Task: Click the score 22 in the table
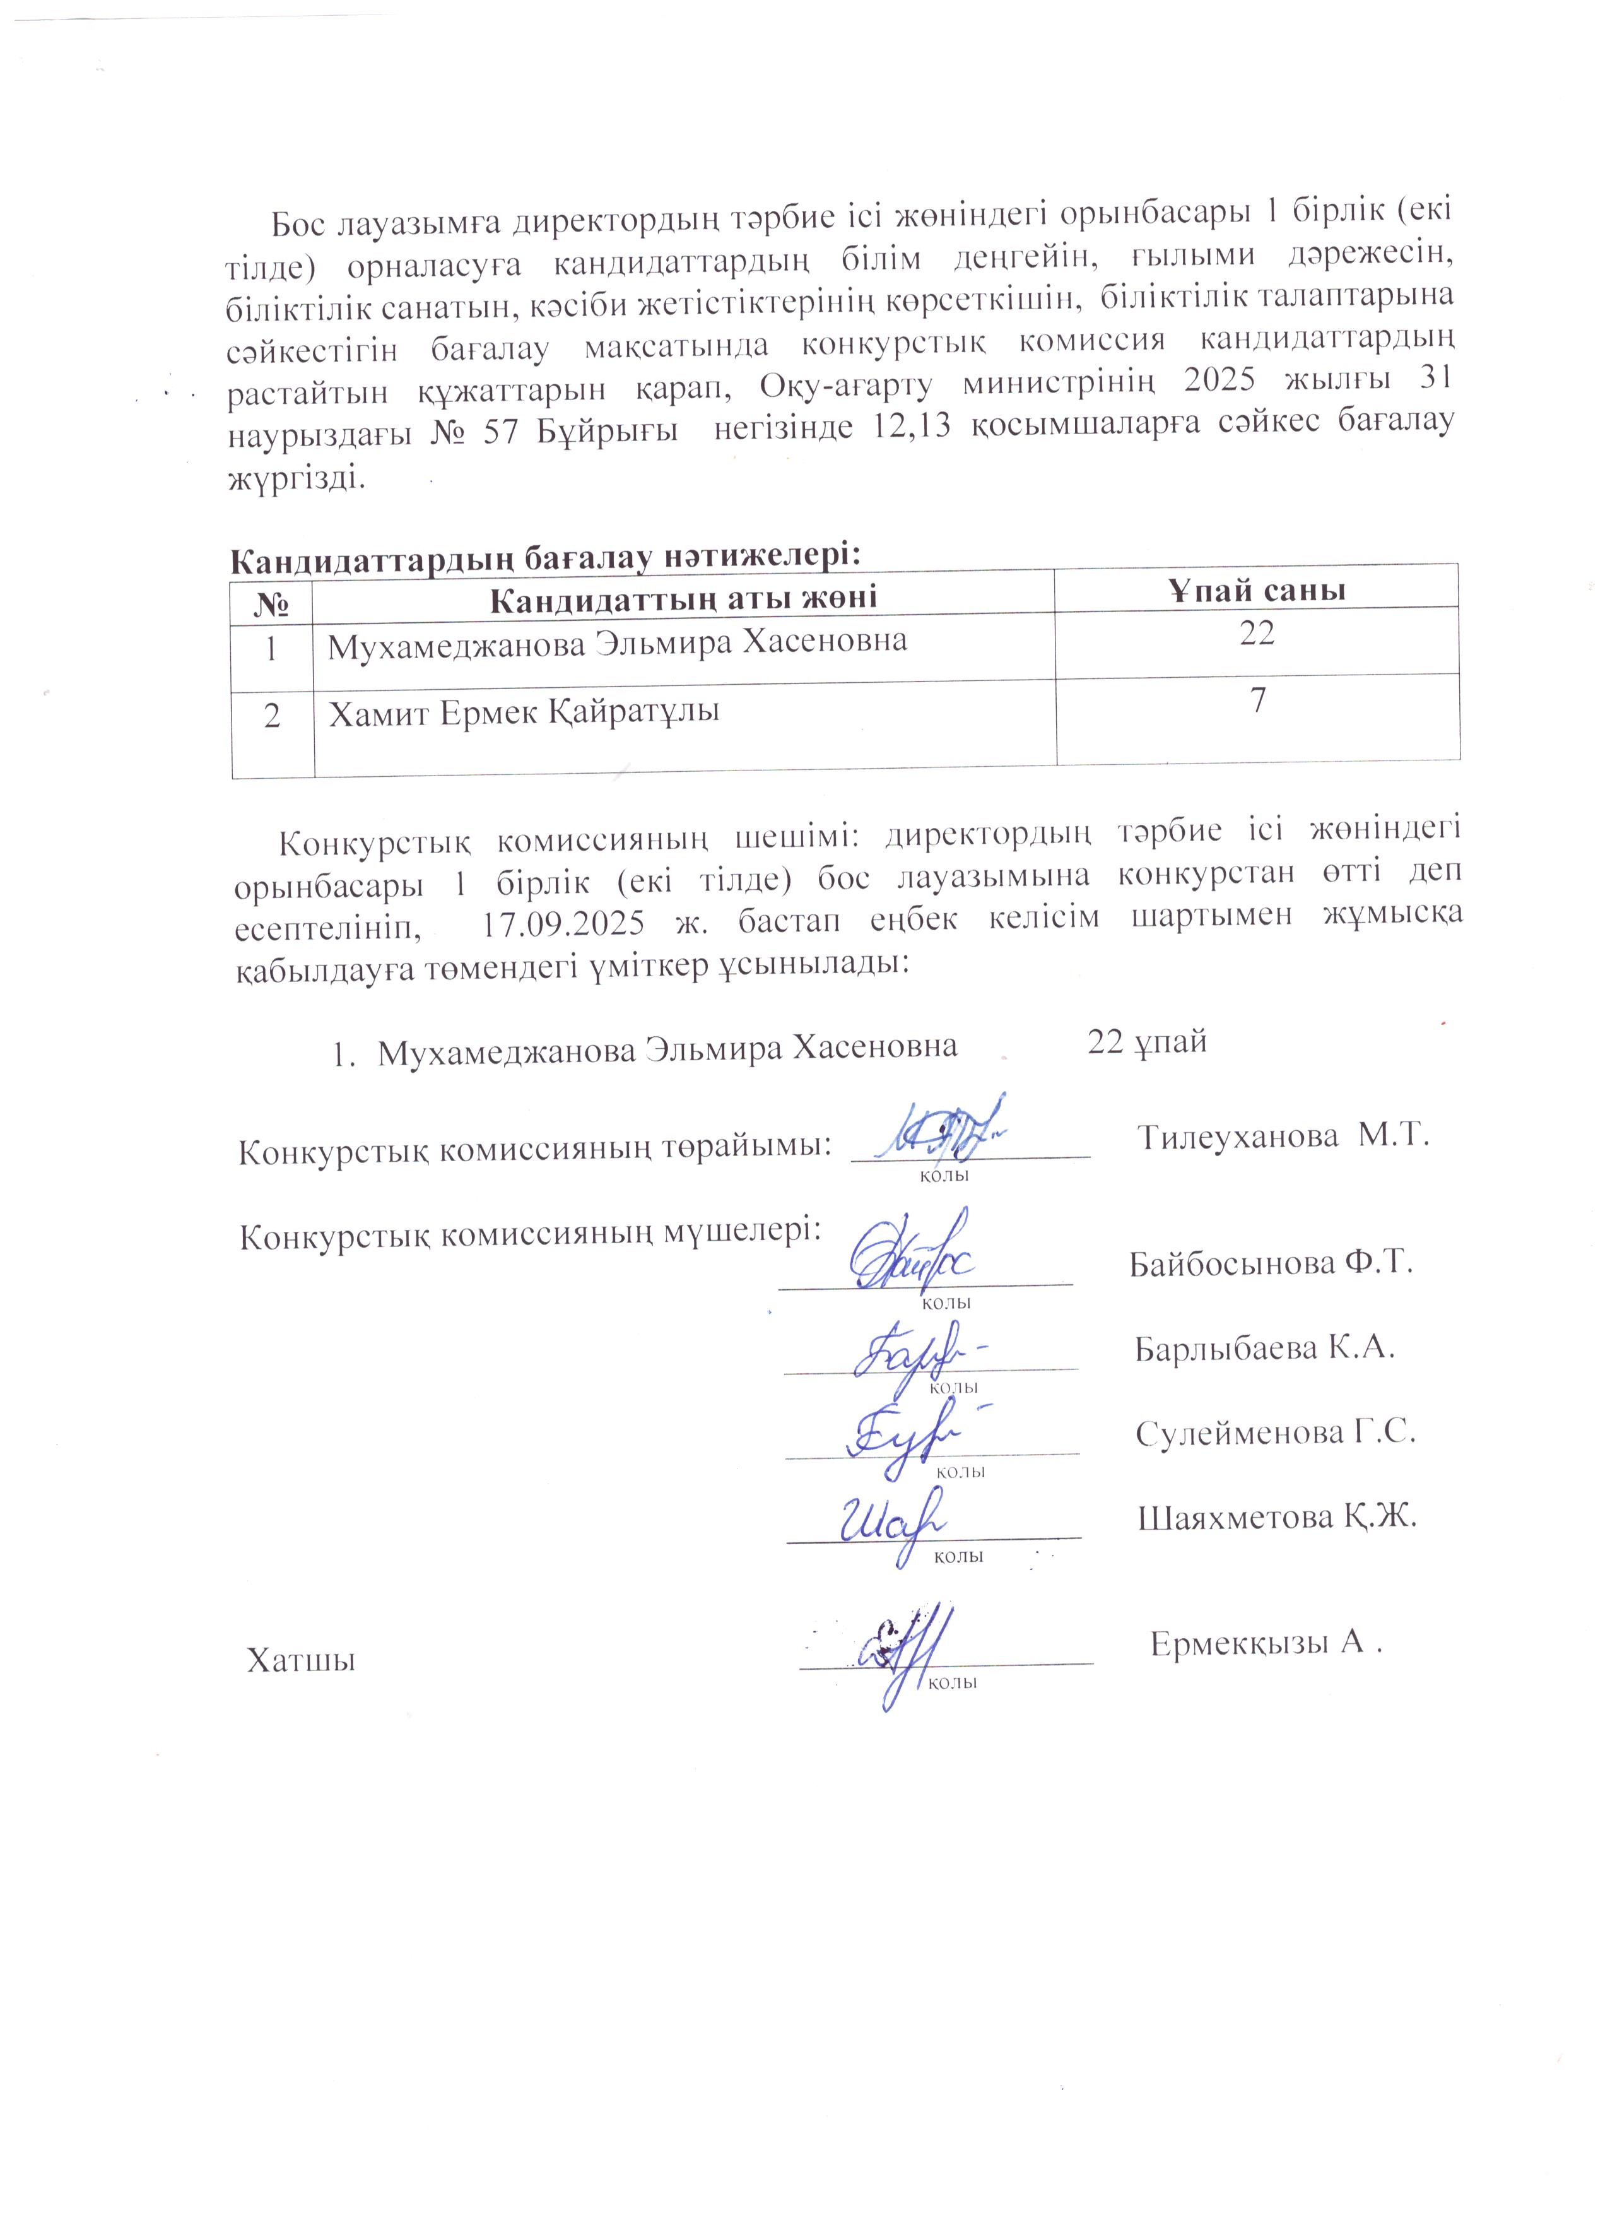click(1257, 634)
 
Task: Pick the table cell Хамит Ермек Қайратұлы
click(524, 713)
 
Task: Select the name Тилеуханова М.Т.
click(1284, 1136)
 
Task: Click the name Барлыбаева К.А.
click(1264, 1349)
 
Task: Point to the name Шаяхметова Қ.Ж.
click(1276, 1516)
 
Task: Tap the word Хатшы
click(301, 1660)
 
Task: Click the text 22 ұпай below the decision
click(1147, 1042)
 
